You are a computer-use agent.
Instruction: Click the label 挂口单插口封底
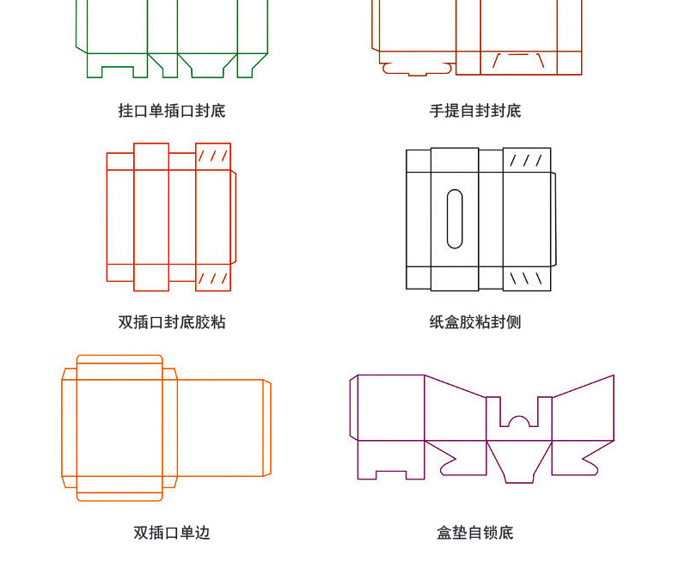172,111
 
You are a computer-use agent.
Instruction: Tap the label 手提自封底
475,111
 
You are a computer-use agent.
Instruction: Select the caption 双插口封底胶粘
172,322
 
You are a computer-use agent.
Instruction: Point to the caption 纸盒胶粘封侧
475,322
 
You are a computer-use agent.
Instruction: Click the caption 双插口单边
172,533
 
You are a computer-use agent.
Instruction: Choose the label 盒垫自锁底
475,533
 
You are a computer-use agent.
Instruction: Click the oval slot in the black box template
456,218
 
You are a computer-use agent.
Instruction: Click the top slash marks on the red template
213,156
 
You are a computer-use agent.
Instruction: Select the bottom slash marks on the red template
213,278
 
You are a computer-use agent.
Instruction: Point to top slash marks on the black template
526,161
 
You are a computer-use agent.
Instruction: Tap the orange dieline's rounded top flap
119,361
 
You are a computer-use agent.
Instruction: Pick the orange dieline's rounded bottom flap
119,494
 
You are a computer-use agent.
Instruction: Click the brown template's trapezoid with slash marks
519,62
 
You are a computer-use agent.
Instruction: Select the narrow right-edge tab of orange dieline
266,427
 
